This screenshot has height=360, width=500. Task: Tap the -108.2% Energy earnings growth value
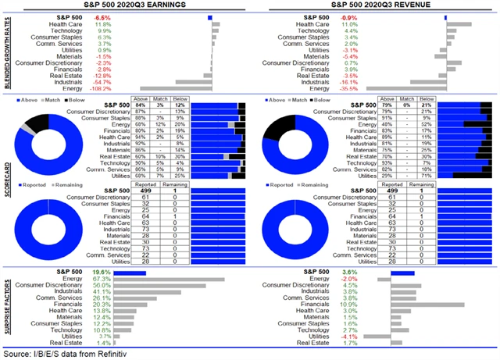click(101, 88)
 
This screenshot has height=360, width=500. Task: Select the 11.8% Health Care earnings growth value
click(103, 23)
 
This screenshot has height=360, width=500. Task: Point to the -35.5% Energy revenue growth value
click(355, 88)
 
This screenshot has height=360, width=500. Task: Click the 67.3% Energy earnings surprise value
click(102, 278)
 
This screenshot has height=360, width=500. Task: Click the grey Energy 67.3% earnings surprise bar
click(170, 278)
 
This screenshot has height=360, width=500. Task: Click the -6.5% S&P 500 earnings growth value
click(102, 16)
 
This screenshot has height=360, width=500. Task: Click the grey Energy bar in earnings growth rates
click(176, 88)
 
